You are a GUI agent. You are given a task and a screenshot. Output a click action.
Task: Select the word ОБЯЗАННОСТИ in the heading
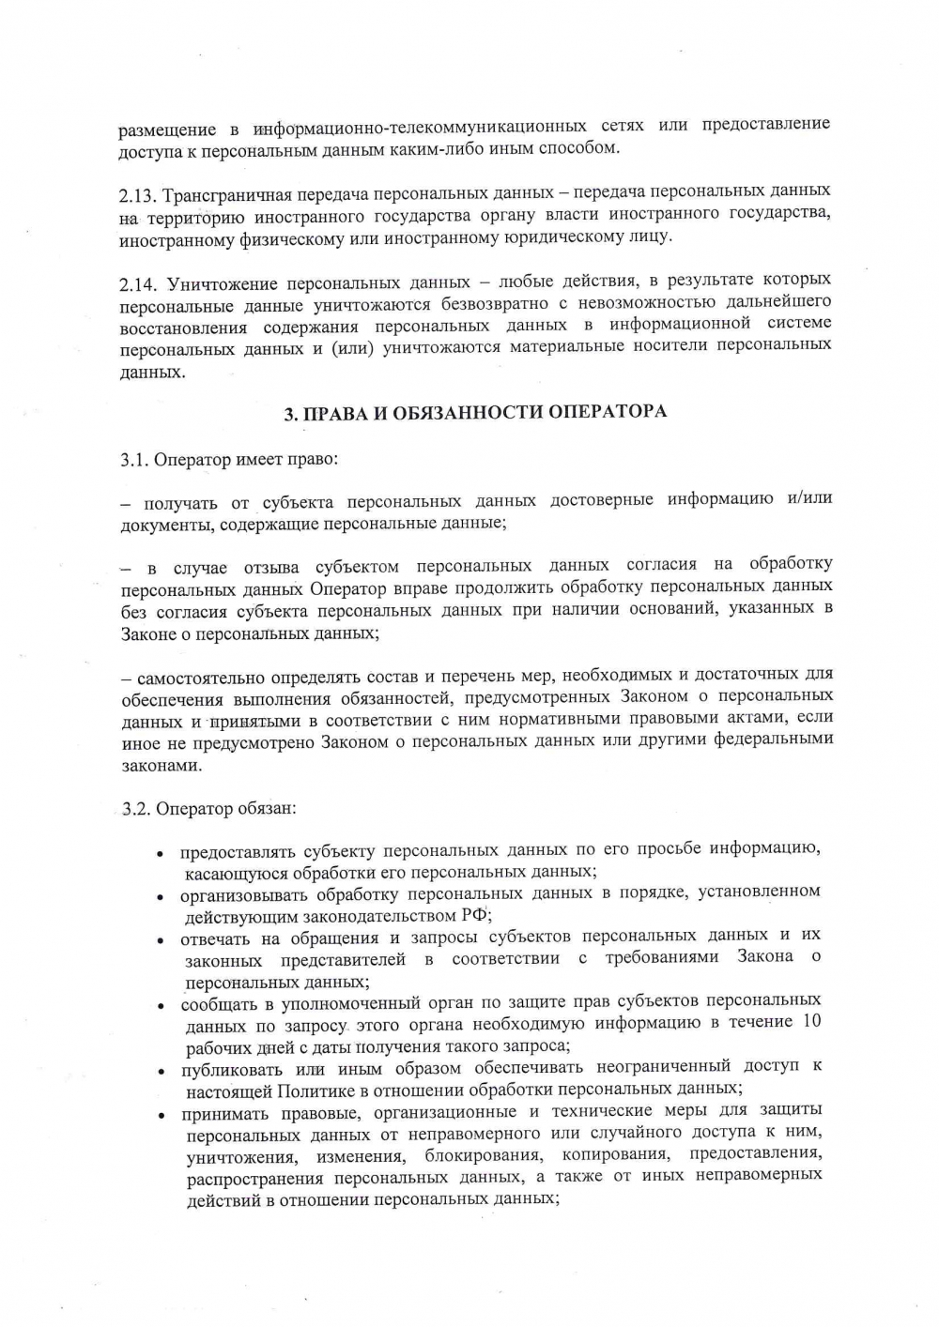[464, 413]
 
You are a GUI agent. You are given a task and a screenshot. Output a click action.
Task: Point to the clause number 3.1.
[134, 461]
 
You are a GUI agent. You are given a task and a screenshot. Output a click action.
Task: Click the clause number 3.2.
[136, 809]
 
